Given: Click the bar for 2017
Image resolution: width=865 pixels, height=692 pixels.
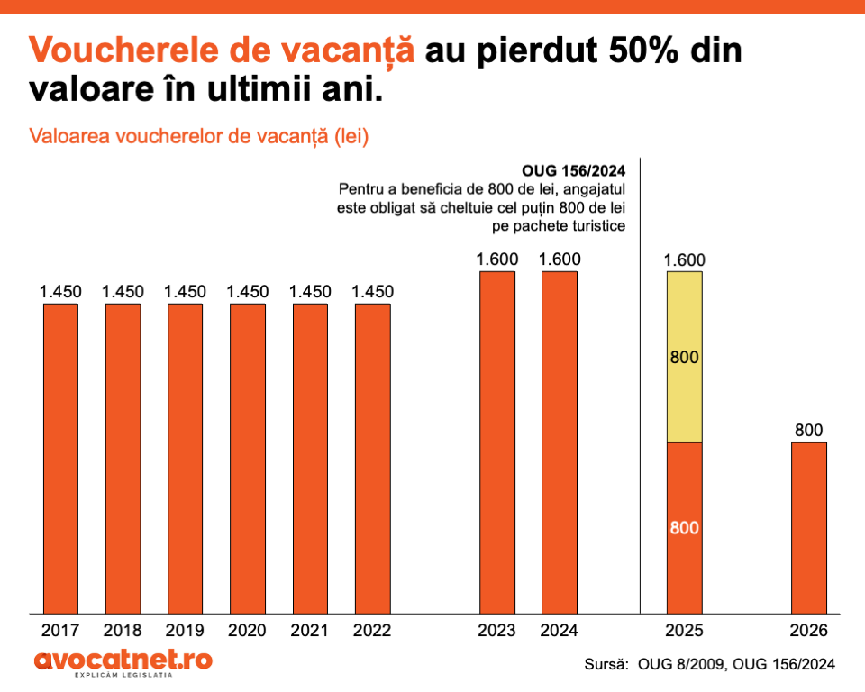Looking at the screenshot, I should coord(60,458).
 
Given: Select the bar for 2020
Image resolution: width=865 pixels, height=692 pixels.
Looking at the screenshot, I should coord(248,458).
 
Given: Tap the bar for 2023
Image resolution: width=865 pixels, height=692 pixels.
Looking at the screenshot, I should coord(497,442).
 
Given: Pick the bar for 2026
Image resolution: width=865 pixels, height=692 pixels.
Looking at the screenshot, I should coord(808,527).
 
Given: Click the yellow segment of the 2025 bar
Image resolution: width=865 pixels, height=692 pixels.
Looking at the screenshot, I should coord(685,357).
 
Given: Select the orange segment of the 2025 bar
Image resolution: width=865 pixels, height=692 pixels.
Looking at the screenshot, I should coord(685,527).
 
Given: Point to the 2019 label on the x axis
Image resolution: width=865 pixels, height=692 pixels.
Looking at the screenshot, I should coord(186,630).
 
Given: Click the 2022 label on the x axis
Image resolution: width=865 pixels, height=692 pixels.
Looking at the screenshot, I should coord(372,630).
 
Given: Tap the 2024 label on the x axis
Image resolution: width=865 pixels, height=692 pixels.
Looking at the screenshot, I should coord(559,630).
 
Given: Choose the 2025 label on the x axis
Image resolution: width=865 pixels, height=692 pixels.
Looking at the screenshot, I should coord(685,630).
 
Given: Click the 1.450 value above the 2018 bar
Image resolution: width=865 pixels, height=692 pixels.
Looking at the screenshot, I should coord(123,292).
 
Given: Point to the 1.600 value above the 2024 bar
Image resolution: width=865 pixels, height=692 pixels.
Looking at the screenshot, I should coord(560,259).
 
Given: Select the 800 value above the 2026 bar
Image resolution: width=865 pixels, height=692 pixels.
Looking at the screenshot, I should coord(808,431).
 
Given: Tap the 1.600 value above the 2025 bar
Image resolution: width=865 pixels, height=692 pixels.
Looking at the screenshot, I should coord(685,260).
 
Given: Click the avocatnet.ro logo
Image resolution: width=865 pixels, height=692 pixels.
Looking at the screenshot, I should coord(123,661).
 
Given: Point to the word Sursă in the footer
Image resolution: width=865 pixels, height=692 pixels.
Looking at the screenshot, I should coord(606,664).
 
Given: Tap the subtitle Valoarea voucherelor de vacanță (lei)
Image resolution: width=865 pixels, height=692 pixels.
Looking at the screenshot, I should coord(200,137).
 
